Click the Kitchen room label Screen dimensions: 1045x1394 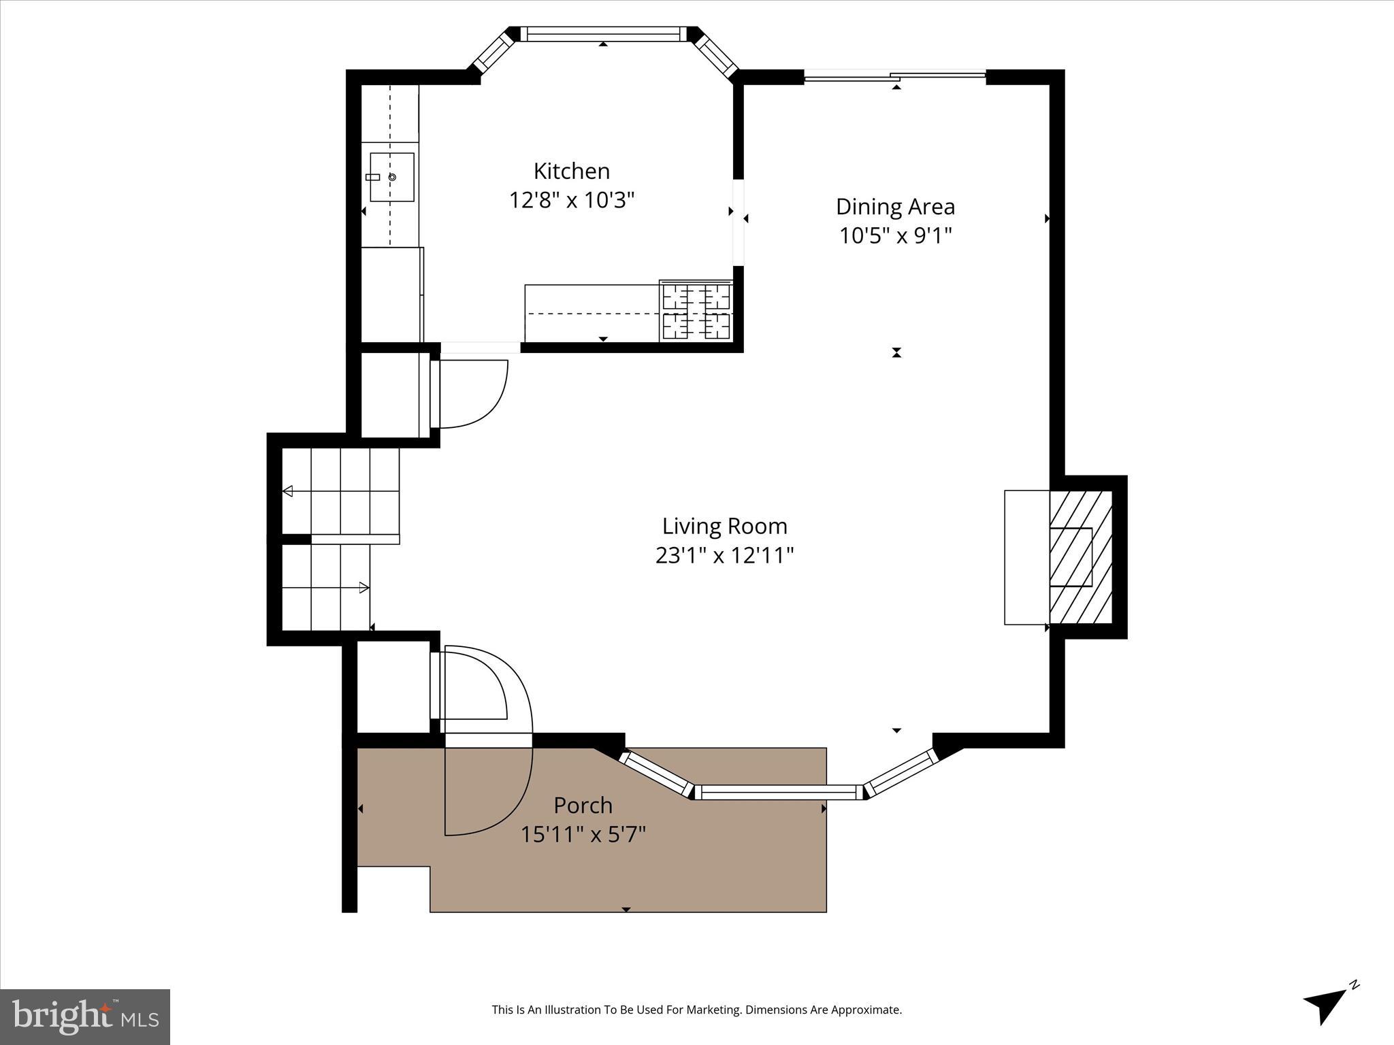pyautogui.click(x=571, y=171)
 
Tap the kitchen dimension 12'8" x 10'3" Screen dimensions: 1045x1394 pyautogui.click(x=572, y=200)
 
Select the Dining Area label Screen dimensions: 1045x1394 pyautogui.click(x=895, y=206)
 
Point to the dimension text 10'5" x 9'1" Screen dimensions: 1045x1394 pyautogui.click(x=895, y=235)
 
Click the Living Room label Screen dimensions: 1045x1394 pyautogui.click(x=724, y=526)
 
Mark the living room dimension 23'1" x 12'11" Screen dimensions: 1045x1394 pyautogui.click(x=724, y=555)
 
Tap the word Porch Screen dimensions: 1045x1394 pyautogui.click(x=583, y=805)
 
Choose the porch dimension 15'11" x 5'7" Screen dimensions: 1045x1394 pyautogui.click(x=583, y=834)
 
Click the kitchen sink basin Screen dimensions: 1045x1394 pyautogui.click(x=392, y=177)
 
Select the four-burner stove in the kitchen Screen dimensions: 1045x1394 pyautogui.click(x=696, y=312)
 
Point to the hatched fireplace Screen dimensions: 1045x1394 pyautogui.click(x=1080, y=557)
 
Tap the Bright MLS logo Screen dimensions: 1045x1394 pyautogui.click(x=85, y=1016)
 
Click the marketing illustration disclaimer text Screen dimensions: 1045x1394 pyautogui.click(x=696, y=1010)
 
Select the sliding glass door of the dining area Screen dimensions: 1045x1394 pyautogui.click(x=895, y=76)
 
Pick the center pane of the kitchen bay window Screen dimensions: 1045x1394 pyautogui.click(x=603, y=34)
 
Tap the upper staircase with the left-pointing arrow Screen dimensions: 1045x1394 pyautogui.click(x=340, y=491)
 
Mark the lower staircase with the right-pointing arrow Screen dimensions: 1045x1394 pyautogui.click(x=326, y=587)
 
